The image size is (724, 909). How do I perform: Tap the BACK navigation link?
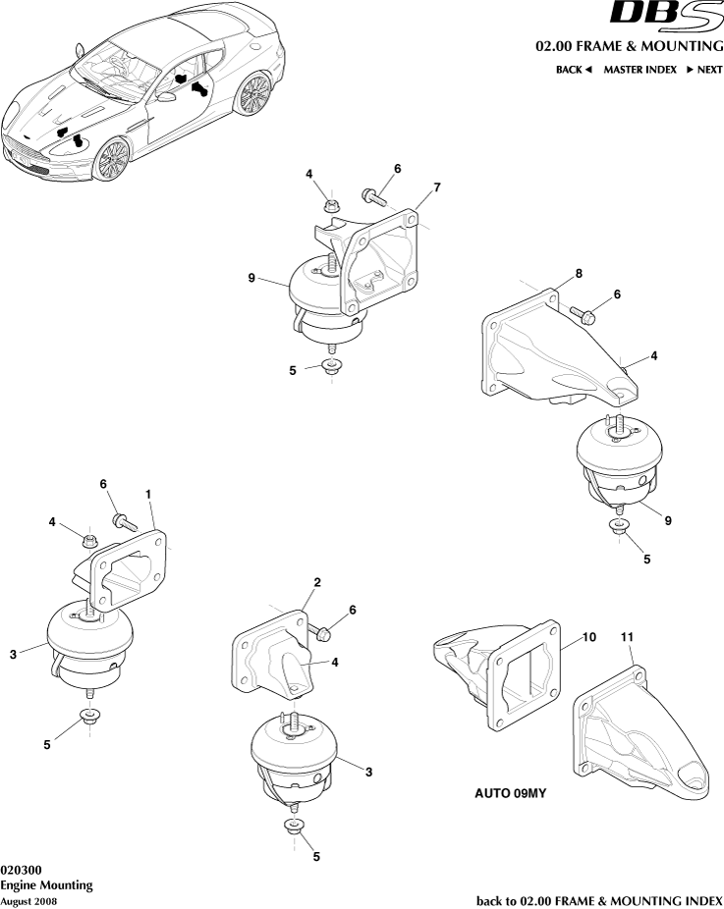click(575, 70)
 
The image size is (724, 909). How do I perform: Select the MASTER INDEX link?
click(640, 70)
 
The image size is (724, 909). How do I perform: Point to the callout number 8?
click(579, 272)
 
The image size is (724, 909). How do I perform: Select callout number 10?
click(588, 637)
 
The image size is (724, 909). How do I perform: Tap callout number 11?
click(627, 637)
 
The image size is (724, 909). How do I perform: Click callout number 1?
click(148, 495)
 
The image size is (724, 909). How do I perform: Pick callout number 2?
click(317, 582)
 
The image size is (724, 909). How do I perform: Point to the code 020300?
click(21, 870)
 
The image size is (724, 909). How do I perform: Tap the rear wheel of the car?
click(254, 94)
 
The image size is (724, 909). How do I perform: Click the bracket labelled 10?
click(501, 677)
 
